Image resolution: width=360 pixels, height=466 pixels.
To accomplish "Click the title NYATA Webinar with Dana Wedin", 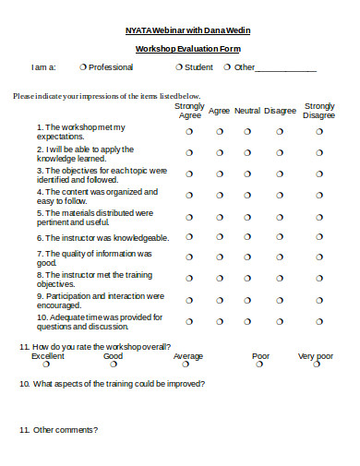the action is (x=187, y=30).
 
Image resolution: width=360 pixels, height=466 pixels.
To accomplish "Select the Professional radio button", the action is (x=83, y=66).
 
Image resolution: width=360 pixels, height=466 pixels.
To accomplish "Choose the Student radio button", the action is (x=178, y=66).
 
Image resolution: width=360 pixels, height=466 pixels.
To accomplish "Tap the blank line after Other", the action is (x=286, y=68).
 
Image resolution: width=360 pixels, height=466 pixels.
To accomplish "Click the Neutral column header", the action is (x=247, y=111).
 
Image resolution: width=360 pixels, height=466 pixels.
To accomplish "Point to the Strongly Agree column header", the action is (x=189, y=111).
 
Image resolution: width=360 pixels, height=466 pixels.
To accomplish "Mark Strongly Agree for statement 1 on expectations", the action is (x=189, y=131).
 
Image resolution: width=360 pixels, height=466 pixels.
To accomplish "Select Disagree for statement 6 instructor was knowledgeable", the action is (x=280, y=237).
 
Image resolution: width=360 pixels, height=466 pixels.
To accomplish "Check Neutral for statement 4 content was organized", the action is (x=247, y=196).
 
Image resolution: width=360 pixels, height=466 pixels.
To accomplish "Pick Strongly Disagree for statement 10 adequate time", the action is (x=319, y=321).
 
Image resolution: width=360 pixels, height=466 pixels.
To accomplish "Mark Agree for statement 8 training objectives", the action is (x=219, y=279).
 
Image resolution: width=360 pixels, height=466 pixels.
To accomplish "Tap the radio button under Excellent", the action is (x=47, y=364).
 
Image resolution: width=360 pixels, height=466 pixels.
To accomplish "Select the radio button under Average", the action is (x=187, y=364).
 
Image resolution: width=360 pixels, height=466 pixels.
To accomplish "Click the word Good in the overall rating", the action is (x=113, y=355).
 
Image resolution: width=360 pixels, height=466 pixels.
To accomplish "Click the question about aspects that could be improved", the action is (x=112, y=384).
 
